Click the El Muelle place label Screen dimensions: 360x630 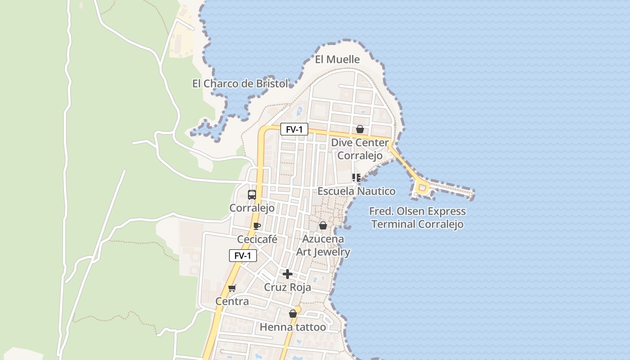click(x=337, y=59)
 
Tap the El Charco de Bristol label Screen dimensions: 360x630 click(x=240, y=84)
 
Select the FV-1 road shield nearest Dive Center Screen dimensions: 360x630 click(x=294, y=130)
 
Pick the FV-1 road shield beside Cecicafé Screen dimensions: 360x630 click(x=243, y=256)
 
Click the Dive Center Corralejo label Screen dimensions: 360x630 click(x=360, y=149)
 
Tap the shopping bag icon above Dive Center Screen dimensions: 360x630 click(x=360, y=130)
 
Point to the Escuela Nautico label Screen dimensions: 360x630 click(x=356, y=191)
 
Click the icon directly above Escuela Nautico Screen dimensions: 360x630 click(x=356, y=178)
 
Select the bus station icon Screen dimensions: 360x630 click(x=252, y=195)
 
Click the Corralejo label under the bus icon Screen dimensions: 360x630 click(x=252, y=208)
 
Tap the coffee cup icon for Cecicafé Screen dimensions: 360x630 click(x=257, y=226)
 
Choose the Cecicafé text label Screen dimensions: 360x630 click(x=257, y=239)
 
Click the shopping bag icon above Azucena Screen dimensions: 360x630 click(x=323, y=225)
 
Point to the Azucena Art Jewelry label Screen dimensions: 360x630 click(x=323, y=245)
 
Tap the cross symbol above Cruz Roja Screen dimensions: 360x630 click(x=288, y=274)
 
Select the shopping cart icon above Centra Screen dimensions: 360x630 click(x=232, y=288)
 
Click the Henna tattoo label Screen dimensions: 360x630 click(x=293, y=327)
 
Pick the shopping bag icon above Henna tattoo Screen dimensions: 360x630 click(x=293, y=314)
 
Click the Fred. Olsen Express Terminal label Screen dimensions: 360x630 click(x=417, y=218)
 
